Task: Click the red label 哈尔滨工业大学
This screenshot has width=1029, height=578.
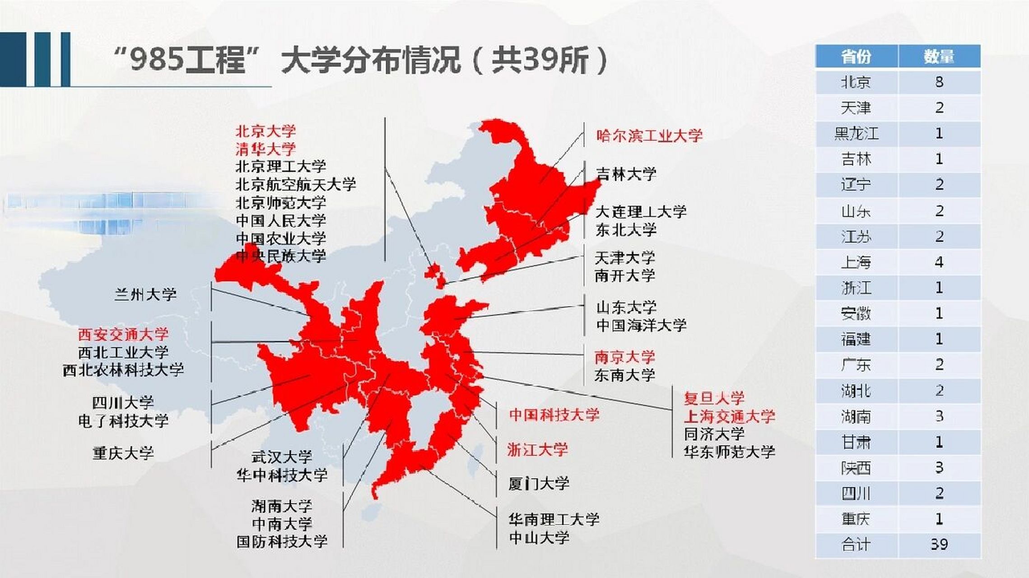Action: point(649,136)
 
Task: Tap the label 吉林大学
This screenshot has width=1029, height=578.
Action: point(626,174)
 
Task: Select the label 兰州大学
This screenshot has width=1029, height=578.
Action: point(145,295)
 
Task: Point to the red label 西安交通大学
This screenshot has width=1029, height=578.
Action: point(123,335)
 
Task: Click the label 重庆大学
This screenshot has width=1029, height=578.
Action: point(123,453)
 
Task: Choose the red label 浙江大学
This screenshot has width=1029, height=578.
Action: point(537,450)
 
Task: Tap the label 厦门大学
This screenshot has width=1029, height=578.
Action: point(539,484)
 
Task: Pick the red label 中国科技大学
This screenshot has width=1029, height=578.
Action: point(554,415)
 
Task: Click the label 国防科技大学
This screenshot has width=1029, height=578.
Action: point(282,541)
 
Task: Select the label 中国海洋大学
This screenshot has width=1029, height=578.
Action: point(641,325)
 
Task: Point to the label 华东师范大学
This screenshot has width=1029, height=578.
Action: point(729,452)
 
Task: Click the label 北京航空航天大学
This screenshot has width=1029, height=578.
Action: point(296,184)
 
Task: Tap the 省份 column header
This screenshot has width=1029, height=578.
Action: point(856,56)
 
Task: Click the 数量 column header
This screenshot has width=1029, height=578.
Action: point(939,56)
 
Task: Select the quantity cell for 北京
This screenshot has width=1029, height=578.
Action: point(939,82)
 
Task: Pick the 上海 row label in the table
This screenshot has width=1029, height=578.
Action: point(856,262)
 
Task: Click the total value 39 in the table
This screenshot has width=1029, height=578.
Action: point(939,545)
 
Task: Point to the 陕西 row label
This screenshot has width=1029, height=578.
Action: point(856,468)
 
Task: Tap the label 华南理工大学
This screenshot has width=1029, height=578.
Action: point(554,520)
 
